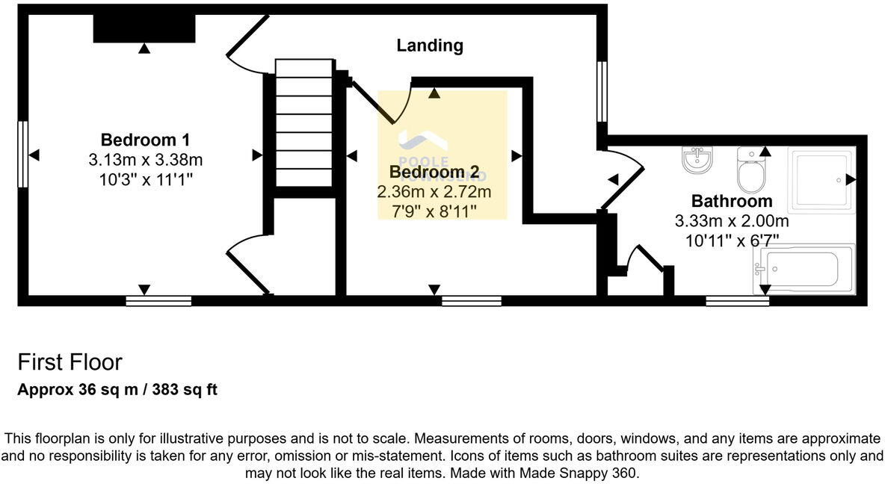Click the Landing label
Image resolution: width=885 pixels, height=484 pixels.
tap(430, 46)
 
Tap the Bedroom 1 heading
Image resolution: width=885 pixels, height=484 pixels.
tap(145, 140)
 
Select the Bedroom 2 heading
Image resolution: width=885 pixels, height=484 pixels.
tap(434, 173)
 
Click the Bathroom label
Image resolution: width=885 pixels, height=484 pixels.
tap(732, 201)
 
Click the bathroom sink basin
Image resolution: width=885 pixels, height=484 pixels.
tap(697, 160)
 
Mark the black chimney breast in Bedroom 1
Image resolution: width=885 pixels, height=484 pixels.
tap(144, 28)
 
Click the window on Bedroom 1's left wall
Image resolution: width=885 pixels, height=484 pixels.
tap(23, 155)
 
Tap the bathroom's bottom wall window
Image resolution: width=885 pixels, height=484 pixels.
tap(737, 301)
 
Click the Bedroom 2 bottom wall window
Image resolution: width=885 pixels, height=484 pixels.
tap(471, 301)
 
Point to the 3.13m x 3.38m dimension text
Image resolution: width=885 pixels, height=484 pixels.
tap(145, 159)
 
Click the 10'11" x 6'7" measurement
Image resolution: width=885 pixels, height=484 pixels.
tap(732, 241)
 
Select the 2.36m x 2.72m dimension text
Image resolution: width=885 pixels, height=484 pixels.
tap(434, 192)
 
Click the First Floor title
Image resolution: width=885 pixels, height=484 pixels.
tap(70, 362)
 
